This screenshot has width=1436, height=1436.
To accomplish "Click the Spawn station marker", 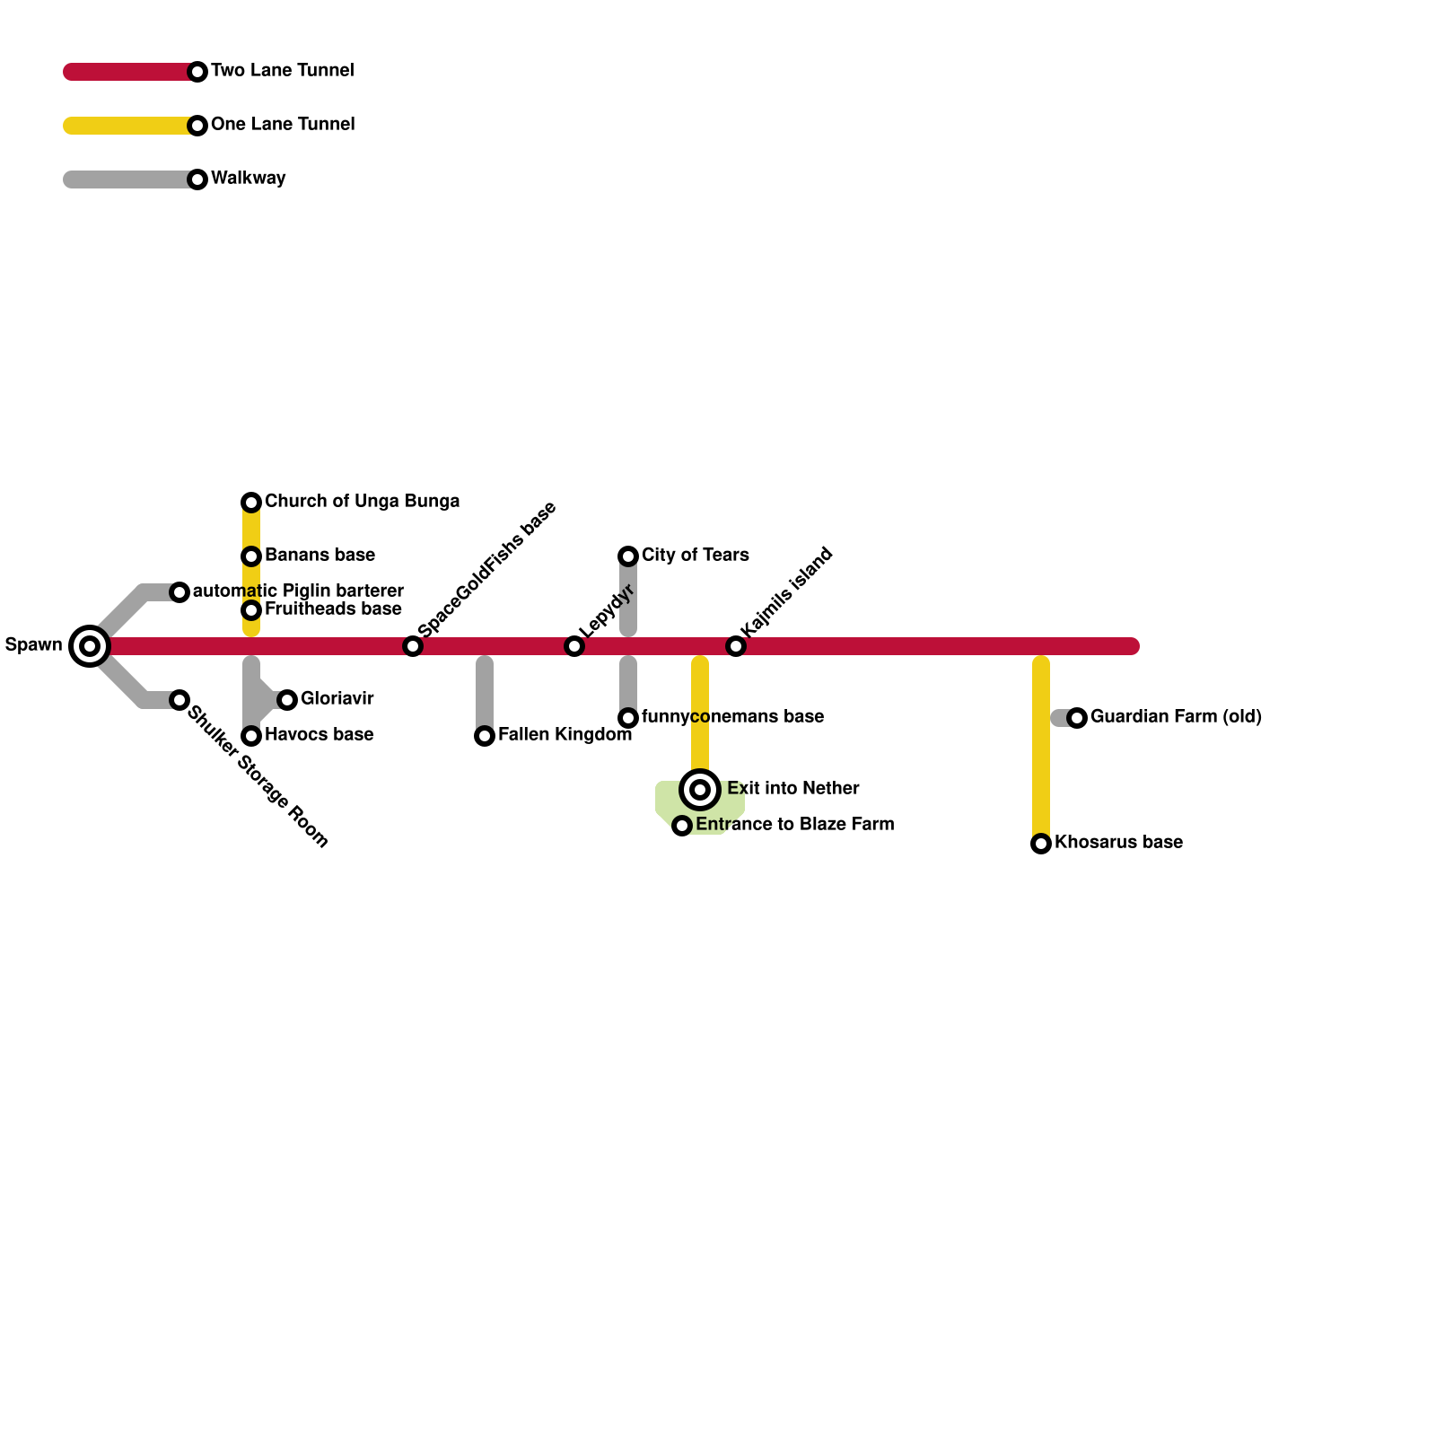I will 90,645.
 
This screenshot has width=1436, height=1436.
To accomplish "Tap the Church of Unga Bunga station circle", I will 251,502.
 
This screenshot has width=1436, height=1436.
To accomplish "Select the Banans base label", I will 320,555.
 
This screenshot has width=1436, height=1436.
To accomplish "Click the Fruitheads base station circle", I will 251,610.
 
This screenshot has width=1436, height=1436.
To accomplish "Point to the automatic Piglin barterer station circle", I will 179,592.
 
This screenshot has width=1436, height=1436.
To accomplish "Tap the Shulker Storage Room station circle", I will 179,700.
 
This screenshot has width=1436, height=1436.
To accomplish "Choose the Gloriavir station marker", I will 287,700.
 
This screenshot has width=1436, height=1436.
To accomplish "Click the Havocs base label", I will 319,734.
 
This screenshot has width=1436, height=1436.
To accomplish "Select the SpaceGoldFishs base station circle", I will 413,646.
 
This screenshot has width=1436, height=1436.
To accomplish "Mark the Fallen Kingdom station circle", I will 485,736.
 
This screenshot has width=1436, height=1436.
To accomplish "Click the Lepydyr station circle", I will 574,646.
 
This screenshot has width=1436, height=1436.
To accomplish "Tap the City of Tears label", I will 695,555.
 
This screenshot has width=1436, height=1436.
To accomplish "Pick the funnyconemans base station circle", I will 628,718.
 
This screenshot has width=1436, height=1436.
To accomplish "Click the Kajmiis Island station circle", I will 736,646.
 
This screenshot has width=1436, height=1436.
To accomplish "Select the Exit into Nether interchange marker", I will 700,790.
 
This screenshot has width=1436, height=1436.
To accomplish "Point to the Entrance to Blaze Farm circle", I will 682,826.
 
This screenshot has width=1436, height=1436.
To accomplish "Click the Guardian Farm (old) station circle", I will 1077,718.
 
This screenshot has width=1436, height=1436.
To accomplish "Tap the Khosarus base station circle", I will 1041,844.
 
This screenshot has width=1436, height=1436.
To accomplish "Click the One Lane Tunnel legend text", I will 283,124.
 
